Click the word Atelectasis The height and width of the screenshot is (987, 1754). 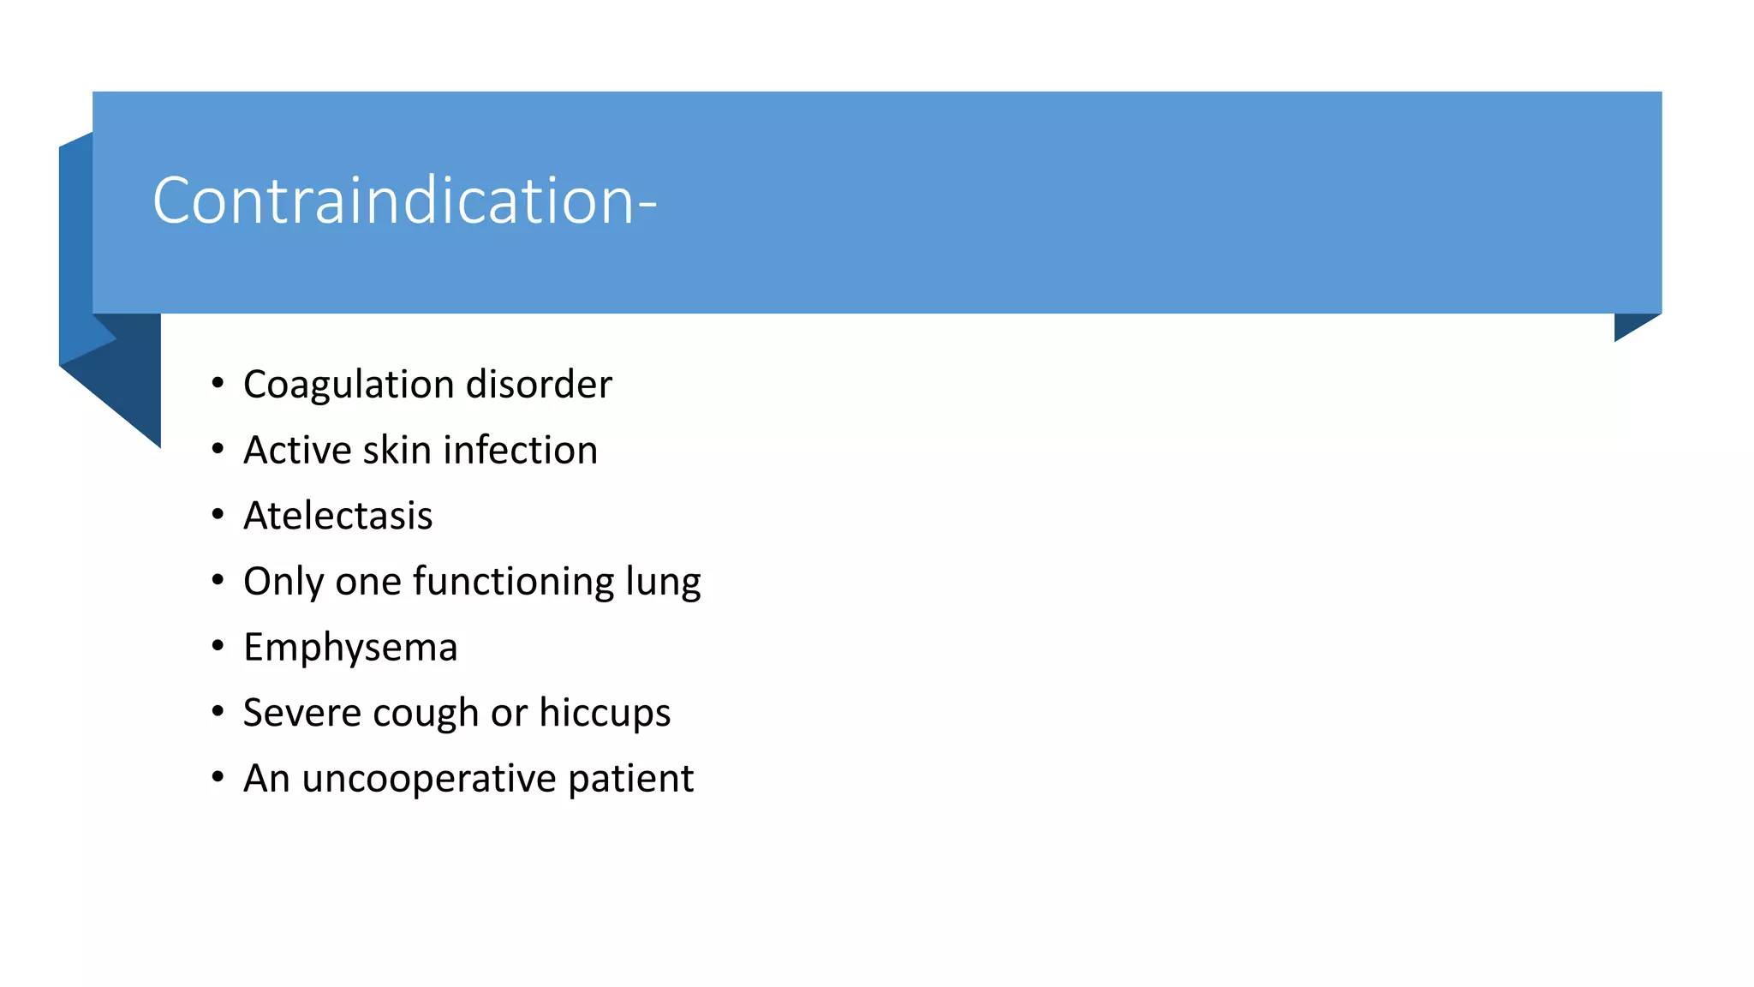(337, 516)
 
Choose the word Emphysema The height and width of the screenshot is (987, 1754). (350, 648)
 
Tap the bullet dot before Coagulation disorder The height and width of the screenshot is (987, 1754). (218, 383)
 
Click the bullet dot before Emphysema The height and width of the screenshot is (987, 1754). (218, 645)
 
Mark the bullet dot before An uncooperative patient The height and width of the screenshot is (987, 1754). (218, 777)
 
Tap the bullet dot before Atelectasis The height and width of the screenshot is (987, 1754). (218, 514)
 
